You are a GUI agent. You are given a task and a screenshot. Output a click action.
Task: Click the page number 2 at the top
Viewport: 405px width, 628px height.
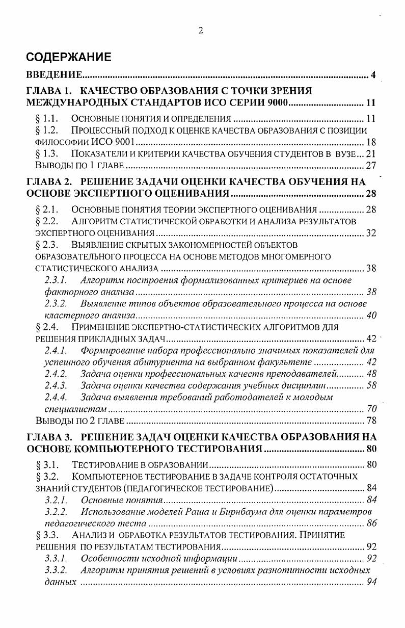201,31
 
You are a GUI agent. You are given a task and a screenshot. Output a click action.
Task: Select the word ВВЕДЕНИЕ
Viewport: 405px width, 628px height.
55,76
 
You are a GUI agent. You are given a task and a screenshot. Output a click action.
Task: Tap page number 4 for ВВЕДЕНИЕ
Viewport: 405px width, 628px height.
373,76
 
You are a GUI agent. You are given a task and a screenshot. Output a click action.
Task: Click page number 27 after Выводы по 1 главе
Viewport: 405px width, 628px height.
371,166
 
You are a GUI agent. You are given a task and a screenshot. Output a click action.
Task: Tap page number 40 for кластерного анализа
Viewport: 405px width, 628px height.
371,316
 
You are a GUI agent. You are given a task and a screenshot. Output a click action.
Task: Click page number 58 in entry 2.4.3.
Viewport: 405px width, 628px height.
371,385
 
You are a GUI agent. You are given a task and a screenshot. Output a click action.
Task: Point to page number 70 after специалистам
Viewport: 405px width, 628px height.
371,409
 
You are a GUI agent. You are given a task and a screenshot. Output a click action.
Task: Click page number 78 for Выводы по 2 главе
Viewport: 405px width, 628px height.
371,421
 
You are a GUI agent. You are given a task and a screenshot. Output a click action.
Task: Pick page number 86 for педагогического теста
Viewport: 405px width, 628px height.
371,523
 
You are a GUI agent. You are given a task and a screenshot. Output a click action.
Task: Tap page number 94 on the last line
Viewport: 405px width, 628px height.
371,582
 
